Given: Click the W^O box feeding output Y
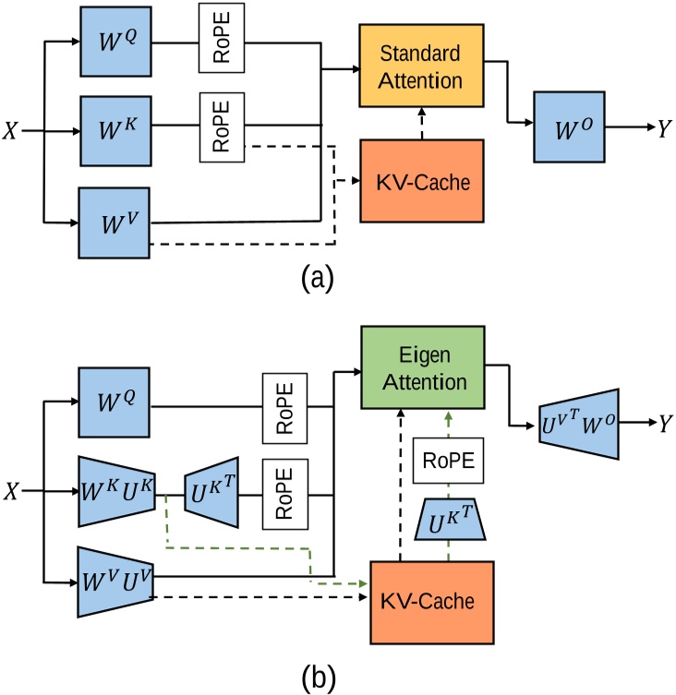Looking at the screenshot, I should tap(567, 126).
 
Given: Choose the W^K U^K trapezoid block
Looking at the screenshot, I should tap(119, 490).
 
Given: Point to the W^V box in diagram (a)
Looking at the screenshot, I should tap(115, 222).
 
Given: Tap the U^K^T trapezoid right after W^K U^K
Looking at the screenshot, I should tap(213, 490).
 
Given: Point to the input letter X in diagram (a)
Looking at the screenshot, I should tap(13, 131).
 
